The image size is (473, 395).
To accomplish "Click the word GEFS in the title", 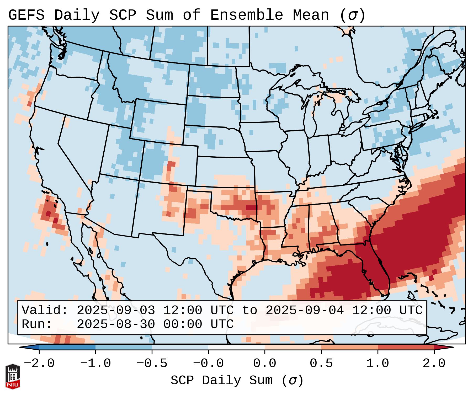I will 26,15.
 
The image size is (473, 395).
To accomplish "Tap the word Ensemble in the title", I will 246,15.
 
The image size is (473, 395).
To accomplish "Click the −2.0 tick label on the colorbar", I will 39,364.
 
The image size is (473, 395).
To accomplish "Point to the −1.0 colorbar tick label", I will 95,364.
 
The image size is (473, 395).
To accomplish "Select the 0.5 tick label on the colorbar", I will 321,364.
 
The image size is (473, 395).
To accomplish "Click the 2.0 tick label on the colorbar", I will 434,364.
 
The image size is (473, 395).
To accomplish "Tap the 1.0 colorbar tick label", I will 378,364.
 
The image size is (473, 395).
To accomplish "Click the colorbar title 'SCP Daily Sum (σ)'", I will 237,380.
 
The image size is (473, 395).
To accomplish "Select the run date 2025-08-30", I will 116,324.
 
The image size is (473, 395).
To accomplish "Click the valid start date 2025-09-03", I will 116,311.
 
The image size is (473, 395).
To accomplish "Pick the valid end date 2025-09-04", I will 305,311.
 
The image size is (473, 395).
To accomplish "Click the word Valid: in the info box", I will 45,311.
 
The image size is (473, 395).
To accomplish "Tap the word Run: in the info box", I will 37,324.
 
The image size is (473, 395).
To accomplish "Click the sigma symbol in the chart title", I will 352,15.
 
